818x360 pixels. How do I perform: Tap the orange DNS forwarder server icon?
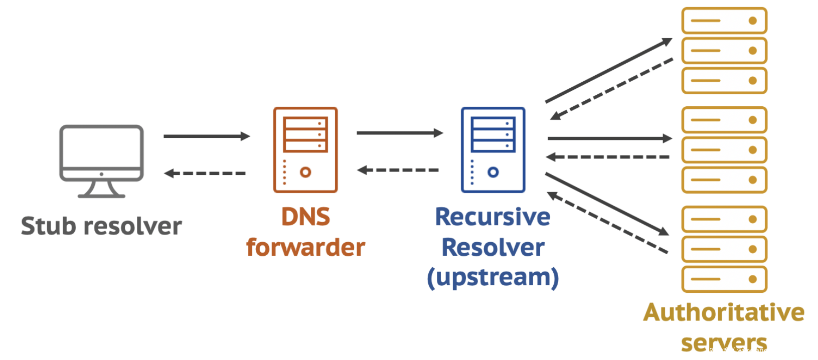(305, 149)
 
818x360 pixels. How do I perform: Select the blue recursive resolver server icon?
(493, 149)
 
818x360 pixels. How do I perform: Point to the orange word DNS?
(305, 217)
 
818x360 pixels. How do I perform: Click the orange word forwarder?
(305, 248)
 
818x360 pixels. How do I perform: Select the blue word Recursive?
(493, 217)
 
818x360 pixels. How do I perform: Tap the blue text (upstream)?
(493, 277)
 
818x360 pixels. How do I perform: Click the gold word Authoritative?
(724, 312)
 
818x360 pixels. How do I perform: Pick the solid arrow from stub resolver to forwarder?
(206, 136)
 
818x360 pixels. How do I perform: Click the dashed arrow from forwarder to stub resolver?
(205, 173)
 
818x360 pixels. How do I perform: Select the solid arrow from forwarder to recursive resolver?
(399, 133)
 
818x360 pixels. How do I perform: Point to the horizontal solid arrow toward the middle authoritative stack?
(609, 138)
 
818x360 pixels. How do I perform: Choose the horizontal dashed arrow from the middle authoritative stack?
(608, 157)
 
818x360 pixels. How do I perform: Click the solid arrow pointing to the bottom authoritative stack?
(607, 204)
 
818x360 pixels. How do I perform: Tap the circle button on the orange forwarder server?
(305, 172)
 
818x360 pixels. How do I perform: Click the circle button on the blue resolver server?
(493, 172)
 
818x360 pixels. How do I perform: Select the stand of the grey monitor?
(101, 190)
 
